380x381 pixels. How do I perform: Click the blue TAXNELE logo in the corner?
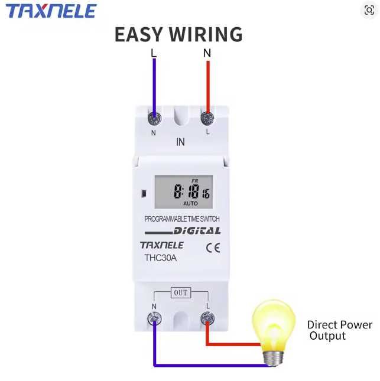pyautogui.click(x=51, y=11)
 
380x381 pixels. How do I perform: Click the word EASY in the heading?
pyautogui.click(x=138, y=34)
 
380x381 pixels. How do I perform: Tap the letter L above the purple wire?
pyautogui.click(x=154, y=53)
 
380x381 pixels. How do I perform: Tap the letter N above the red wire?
pyautogui.click(x=207, y=53)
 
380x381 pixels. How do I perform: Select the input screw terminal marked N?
pyautogui.click(x=154, y=119)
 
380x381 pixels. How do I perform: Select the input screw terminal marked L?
pyautogui.click(x=207, y=119)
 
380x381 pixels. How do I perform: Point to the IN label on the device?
pyautogui.click(x=180, y=142)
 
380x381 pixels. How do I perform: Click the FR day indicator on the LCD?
pyautogui.click(x=195, y=181)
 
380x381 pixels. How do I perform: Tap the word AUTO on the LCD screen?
pyautogui.click(x=190, y=203)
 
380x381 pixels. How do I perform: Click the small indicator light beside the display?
pyautogui.click(x=144, y=194)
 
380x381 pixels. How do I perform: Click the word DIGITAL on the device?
pyautogui.click(x=197, y=231)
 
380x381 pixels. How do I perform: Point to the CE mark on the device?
pyautogui.click(x=213, y=248)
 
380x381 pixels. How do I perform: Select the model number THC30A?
pyautogui.click(x=161, y=258)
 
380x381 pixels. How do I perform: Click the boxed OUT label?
pyautogui.click(x=181, y=293)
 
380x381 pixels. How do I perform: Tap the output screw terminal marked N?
pyautogui.click(x=154, y=318)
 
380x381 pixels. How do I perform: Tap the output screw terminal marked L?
pyautogui.click(x=207, y=318)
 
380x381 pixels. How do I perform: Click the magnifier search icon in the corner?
pyautogui.click(x=369, y=10)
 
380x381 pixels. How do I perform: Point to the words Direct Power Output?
pyautogui.click(x=340, y=330)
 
